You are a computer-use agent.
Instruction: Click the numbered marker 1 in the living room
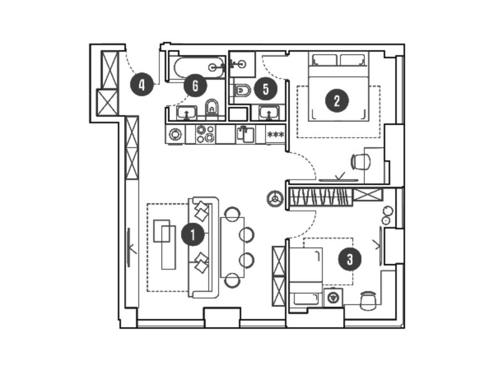192,235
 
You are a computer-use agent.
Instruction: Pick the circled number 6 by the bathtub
195,86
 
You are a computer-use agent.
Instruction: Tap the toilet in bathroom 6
212,109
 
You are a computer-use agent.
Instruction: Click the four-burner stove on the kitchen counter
206,134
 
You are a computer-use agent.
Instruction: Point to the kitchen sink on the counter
245,134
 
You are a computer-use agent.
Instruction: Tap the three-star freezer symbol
275,134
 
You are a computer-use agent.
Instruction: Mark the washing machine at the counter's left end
175,134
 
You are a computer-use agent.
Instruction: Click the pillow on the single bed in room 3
305,298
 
